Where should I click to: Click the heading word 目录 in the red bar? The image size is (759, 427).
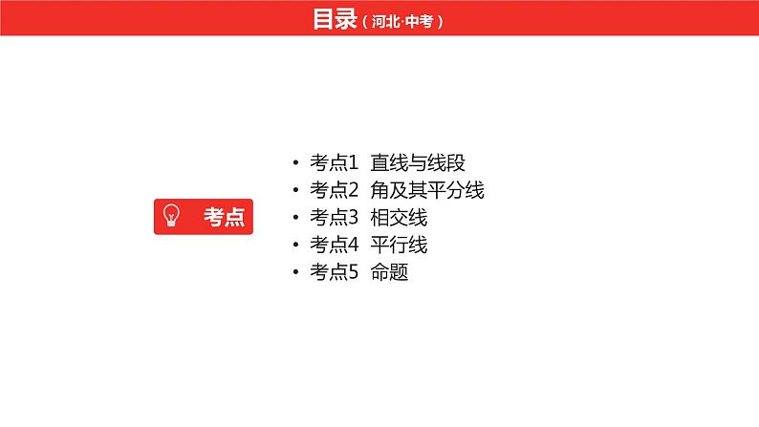click(335, 19)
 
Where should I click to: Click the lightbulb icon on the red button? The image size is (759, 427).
click(172, 216)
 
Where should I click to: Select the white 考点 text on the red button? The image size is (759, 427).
click(224, 217)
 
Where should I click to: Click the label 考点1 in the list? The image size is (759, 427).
click(334, 162)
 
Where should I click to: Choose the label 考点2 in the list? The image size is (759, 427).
click(334, 190)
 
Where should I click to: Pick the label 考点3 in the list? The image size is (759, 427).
click(334, 217)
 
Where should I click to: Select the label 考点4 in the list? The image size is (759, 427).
click(334, 245)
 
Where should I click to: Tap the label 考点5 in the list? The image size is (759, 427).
click(334, 272)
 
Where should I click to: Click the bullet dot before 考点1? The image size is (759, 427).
click(298, 163)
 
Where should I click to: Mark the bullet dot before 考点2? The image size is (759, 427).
click(298, 191)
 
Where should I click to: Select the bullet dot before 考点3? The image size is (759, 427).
click(298, 218)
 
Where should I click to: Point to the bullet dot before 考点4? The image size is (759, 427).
click(298, 246)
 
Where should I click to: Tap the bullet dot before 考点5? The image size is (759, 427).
click(298, 273)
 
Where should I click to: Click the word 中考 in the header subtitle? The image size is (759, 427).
click(423, 21)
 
